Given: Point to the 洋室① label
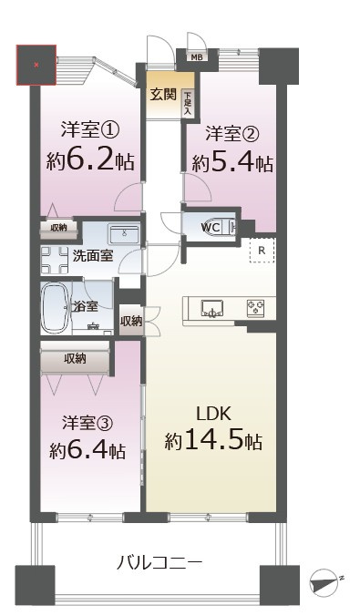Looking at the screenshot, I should pos(89,129).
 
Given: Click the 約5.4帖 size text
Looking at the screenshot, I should pos(232,163).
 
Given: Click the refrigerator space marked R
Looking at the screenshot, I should pos(262,251).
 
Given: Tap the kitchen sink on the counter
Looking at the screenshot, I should pos(211,309).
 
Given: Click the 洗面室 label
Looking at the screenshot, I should pos(92,256).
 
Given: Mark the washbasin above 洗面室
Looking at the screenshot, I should pos(124,233).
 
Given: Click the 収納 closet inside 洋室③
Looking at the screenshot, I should pos(75,359).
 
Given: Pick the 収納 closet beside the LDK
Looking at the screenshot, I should pos(131,321).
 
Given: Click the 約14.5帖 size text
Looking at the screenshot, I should pos(214,442).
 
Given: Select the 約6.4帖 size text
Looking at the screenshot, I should pos(88,451).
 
